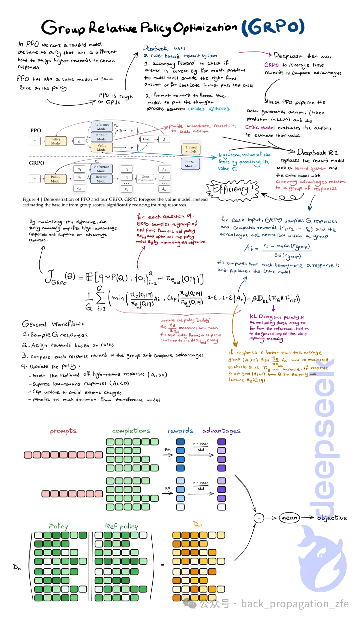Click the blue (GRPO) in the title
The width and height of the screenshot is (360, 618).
click(x=273, y=27)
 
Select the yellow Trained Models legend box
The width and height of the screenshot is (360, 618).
click(x=191, y=149)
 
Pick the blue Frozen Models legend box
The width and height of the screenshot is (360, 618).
click(x=190, y=164)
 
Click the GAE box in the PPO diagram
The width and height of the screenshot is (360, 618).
click(x=147, y=139)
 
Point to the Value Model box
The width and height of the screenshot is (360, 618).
click(x=102, y=148)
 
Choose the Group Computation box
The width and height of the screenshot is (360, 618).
click(x=145, y=179)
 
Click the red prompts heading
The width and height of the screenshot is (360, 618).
click(x=63, y=431)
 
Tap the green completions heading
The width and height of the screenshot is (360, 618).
click(x=131, y=431)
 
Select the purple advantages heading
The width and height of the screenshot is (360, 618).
click(x=221, y=431)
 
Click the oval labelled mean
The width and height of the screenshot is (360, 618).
click(x=289, y=518)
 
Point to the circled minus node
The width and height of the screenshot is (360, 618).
click(x=259, y=518)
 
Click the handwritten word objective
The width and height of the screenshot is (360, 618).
click(x=332, y=518)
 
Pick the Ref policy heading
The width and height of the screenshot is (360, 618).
click(x=121, y=526)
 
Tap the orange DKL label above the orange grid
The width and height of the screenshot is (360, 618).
click(x=198, y=524)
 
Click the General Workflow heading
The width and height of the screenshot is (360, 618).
click(x=53, y=324)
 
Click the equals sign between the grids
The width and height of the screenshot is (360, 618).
click(x=162, y=565)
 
